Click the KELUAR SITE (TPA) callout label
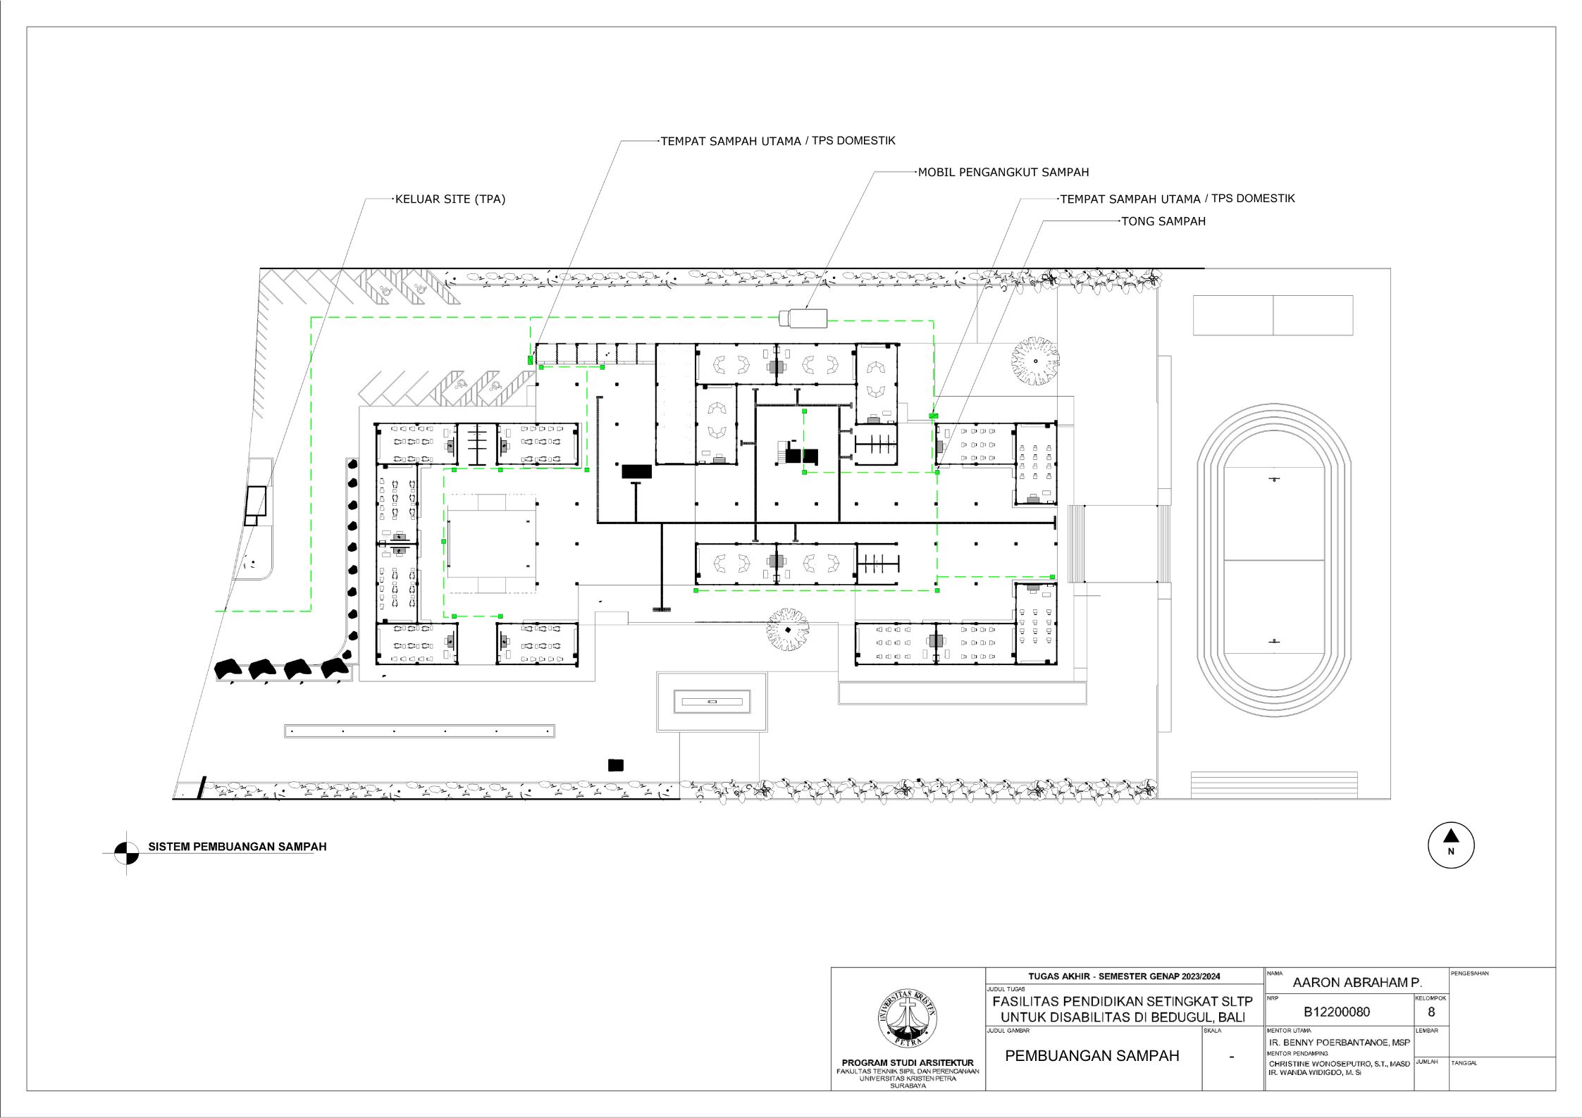(x=450, y=199)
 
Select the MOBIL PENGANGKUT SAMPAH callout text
(x=1003, y=172)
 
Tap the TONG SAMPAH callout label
(x=1163, y=221)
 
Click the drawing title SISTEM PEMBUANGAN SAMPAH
(x=237, y=847)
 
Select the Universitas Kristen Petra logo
(x=908, y=1019)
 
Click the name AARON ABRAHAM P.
(x=1357, y=982)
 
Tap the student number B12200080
(x=1337, y=1012)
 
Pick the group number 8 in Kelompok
(x=1431, y=1012)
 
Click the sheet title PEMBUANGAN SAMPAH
(x=1092, y=1056)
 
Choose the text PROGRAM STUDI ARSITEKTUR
(x=908, y=1063)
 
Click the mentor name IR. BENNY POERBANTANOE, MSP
(x=1340, y=1043)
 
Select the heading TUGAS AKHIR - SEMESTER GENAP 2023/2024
(x=1124, y=976)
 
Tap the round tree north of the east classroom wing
(x=1035, y=361)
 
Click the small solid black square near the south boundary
(x=616, y=765)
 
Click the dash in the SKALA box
(x=1231, y=1057)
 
